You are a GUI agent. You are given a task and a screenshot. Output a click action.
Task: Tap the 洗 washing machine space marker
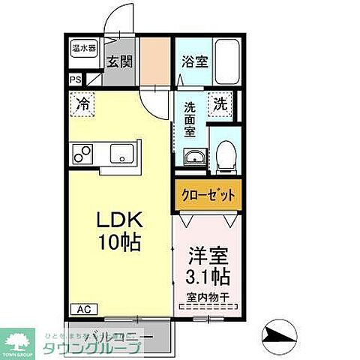coord(221,103)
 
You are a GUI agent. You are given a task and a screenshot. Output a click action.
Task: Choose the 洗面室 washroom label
coord(190,118)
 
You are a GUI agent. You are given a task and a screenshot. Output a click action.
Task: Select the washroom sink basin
coord(193,157)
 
